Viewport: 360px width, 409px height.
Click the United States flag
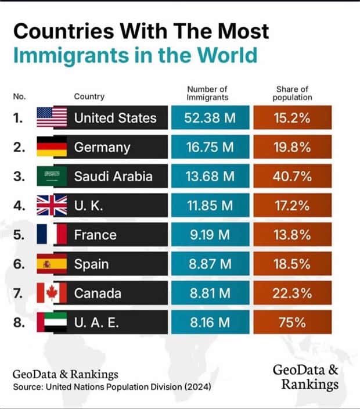[52, 118]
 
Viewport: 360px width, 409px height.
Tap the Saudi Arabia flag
[52, 177]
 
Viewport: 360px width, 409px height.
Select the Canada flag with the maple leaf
[52, 293]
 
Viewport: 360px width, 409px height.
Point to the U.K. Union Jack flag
[52, 206]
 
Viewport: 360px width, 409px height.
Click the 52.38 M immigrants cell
[210, 118]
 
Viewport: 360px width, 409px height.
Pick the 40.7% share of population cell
[292, 177]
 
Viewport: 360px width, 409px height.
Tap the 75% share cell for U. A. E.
[292, 322]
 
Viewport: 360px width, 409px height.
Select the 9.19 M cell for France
[210, 235]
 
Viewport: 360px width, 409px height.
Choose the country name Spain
[91, 264]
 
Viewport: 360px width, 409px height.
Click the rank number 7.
[19, 293]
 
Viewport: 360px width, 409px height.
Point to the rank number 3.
[19, 177]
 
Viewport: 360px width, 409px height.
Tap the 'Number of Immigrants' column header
[207, 93]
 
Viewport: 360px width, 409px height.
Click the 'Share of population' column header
[292, 93]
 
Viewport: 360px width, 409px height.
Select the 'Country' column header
[89, 96]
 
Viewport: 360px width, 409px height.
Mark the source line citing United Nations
[111, 386]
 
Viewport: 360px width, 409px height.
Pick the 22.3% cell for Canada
[292, 293]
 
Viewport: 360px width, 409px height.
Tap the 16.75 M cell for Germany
[210, 148]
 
